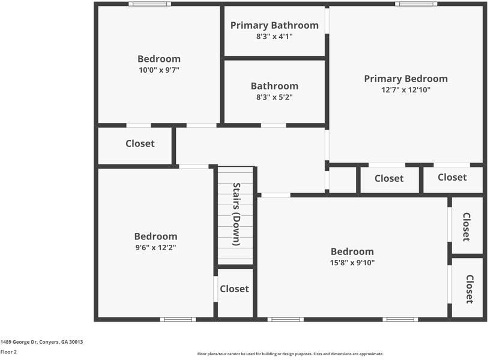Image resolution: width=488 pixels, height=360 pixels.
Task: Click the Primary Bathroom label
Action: (x=274, y=25)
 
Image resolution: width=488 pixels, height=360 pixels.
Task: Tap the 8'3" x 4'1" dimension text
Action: (x=274, y=37)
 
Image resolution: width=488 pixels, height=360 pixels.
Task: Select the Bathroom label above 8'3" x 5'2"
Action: (x=274, y=86)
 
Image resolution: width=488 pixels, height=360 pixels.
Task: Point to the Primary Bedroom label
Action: (x=406, y=79)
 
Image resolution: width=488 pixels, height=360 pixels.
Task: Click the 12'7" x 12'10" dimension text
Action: (x=406, y=90)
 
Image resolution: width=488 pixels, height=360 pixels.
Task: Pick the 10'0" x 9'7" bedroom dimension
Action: (x=159, y=70)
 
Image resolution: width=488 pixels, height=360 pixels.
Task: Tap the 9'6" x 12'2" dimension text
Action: (x=155, y=247)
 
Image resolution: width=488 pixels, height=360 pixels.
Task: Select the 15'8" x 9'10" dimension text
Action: (x=352, y=262)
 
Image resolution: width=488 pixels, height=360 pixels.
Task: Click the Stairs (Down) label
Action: (x=236, y=214)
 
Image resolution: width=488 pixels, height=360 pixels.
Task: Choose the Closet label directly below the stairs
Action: (x=234, y=289)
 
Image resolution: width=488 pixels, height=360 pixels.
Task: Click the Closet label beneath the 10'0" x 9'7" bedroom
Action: (x=140, y=143)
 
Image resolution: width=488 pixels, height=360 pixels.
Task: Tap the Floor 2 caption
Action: (x=8, y=352)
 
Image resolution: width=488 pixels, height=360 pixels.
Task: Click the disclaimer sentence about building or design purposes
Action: (x=291, y=354)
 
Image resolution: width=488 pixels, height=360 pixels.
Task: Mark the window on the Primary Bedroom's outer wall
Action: (x=415, y=4)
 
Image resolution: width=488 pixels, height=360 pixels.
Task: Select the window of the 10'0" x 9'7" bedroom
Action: (x=149, y=4)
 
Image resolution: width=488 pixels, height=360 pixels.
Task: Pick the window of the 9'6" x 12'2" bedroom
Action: (x=178, y=319)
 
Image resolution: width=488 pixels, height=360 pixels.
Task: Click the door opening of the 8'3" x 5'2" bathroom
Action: (x=273, y=125)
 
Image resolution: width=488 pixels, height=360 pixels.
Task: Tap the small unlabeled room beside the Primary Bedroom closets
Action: (x=343, y=181)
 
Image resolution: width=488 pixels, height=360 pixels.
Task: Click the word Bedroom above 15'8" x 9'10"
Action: (x=352, y=251)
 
